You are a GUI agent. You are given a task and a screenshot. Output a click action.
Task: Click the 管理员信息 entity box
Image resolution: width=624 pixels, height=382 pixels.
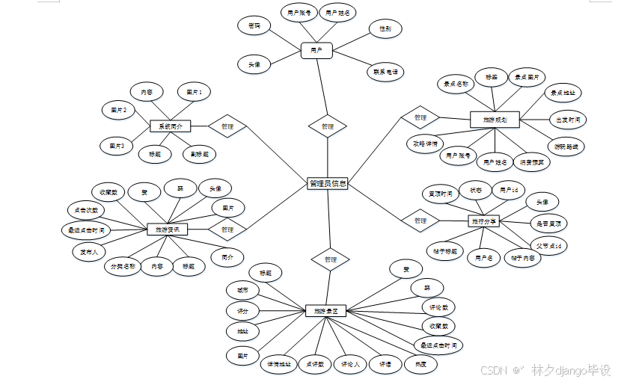(328, 183)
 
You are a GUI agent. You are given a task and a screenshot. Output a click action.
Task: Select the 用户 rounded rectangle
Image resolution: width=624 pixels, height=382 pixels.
(316, 51)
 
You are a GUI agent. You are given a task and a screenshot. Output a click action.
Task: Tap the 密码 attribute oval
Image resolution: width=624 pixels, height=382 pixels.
(254, 26)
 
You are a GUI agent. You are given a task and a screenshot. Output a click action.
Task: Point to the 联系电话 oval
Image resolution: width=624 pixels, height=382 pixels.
(385, 73)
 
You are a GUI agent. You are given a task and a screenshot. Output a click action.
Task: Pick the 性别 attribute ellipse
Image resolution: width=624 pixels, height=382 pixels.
(385, 29)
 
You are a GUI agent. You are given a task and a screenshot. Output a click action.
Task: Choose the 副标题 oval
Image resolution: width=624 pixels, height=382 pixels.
(199, 155)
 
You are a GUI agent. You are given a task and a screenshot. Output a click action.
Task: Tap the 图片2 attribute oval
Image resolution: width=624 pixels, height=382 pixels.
(118, 111)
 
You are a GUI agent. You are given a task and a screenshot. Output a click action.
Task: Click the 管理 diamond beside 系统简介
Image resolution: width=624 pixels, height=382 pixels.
(227, 126)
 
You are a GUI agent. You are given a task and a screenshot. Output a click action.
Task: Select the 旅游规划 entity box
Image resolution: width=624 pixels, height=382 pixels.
(495, 119)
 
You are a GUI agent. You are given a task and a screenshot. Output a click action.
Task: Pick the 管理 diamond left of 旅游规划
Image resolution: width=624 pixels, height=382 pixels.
(420, 117)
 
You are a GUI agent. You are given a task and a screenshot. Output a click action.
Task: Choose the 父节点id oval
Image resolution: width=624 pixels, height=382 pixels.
(548, 246)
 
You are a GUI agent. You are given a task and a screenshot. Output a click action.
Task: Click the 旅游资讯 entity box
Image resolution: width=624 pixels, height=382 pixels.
(168, 229)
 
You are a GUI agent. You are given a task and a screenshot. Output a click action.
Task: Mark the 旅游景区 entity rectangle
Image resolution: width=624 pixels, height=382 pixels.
(326, 310)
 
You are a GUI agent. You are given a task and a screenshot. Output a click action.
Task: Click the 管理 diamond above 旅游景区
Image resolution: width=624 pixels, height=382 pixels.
(330, 259)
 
